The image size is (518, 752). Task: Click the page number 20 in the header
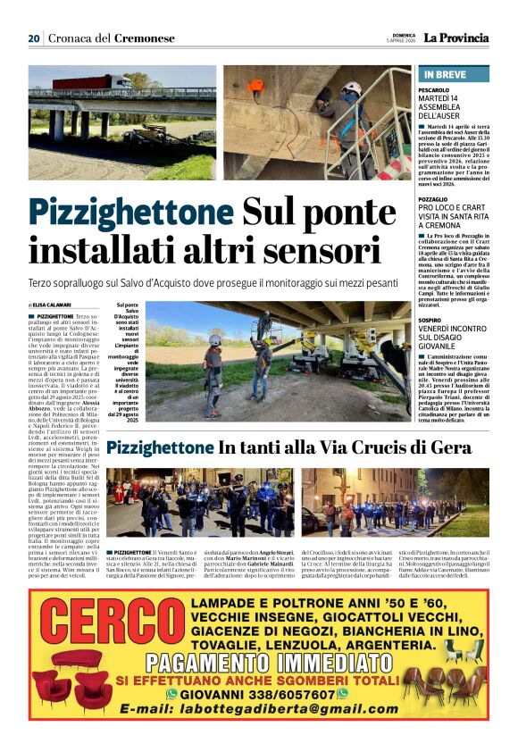[34, 38]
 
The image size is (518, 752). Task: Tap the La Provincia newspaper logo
[455, 38]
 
